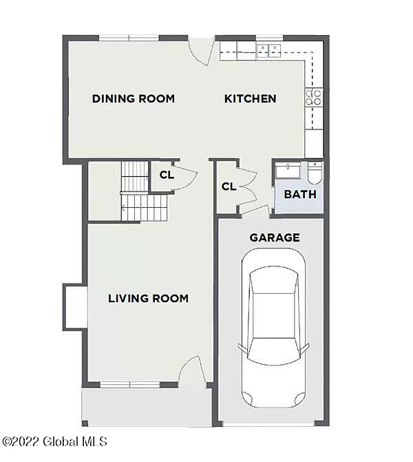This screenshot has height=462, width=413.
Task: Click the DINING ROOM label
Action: click(134, 98)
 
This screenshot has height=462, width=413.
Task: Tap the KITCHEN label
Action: click(251, 98)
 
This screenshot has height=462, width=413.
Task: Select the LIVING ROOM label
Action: click(148, 298)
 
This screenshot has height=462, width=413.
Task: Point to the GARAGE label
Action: click(275, 238)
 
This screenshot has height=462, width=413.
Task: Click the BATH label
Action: click(300, 194)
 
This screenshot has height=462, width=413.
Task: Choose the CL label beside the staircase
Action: click(167, 175)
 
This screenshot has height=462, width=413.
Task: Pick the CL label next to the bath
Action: click(229, 187)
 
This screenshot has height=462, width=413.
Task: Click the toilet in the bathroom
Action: click(315, 173)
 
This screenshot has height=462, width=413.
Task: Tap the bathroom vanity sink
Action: click(288, 171)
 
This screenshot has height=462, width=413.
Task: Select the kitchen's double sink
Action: click(269, 49)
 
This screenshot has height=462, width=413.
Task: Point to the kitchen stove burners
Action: click(315, 97)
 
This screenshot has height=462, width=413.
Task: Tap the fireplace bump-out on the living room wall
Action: click(74, 306)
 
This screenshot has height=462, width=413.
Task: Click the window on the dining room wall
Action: click(129, 38)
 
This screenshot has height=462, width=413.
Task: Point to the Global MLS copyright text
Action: click(55, 441)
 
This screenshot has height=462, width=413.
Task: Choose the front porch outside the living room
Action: click(146, 406)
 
